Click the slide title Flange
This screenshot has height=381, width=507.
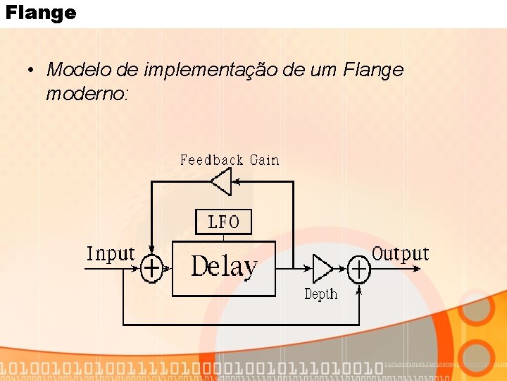[40, 13]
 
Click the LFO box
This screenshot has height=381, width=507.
[223, 222]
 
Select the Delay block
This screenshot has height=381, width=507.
[224, 268]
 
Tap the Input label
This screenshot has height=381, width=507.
[111, 254]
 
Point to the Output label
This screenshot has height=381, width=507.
[400, 253]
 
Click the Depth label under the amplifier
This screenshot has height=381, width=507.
[320, 294]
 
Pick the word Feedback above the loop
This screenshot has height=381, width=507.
[211, 160]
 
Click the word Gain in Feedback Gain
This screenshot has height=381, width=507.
[265, 160]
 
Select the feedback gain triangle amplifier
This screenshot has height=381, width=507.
[222, 182]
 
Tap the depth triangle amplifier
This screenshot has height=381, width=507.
[322, 269]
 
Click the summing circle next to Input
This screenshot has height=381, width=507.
[151, 268]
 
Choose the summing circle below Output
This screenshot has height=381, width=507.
[359, 269]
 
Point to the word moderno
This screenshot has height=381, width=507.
[85, 93]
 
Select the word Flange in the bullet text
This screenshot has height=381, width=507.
[373, 70]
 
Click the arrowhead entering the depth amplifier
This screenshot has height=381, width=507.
[308, 269]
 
